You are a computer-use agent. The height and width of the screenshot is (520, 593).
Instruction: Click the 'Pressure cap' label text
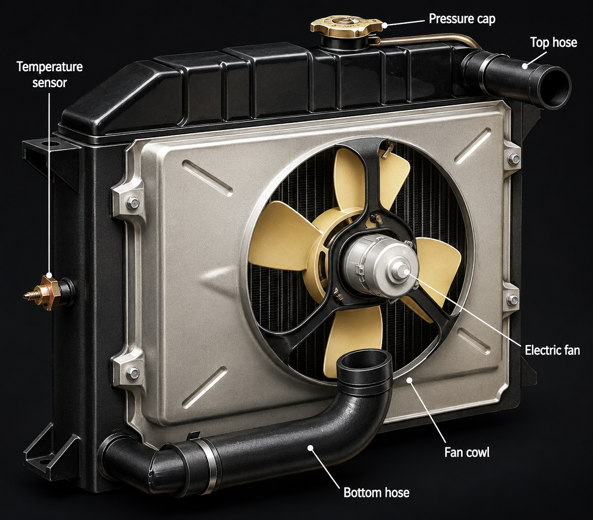[462, 19]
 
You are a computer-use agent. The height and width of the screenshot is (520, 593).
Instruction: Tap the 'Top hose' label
[554, 43]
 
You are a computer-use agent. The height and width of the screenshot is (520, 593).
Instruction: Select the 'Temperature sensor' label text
[50, 75]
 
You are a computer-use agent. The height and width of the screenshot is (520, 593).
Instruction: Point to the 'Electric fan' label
[552, 350]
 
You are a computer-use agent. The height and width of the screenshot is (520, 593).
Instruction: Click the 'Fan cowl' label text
[466, 452]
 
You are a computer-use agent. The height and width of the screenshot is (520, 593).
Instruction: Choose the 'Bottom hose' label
[376, 492]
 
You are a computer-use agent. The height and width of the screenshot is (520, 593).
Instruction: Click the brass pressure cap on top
[346, 25]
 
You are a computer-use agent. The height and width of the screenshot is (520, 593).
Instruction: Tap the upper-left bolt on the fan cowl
[132, 202]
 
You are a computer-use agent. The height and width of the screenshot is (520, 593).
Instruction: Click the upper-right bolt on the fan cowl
[514, 159]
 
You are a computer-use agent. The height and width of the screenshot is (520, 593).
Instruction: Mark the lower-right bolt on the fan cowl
[512, 299]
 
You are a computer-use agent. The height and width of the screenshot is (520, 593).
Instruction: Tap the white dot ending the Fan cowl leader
[410, 380]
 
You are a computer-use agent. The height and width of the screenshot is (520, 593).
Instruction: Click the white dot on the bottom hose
[310, 447]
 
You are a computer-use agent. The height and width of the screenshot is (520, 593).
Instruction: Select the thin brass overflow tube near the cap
[430, 39]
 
